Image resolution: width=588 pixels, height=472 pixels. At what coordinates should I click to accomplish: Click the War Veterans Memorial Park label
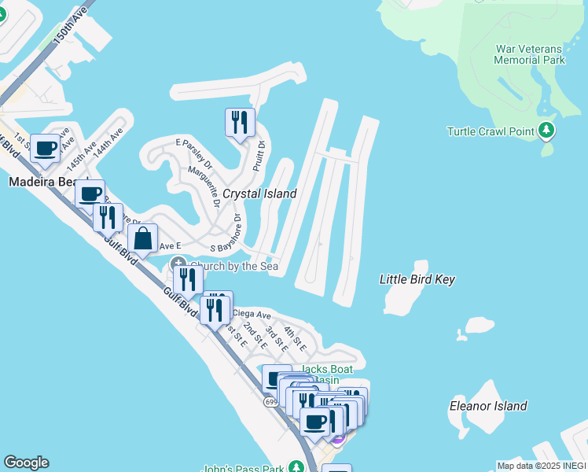point(531,53)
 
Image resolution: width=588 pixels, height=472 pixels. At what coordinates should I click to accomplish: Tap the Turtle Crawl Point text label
point(491,131)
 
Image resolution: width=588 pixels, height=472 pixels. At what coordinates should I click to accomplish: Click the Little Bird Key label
point(417,279)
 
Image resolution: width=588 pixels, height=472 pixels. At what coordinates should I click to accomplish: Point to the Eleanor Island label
point(487,406)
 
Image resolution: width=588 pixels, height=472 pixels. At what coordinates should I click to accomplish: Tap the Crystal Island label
point(259,194)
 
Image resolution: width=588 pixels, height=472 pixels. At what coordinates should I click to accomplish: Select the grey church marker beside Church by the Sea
point(179,264)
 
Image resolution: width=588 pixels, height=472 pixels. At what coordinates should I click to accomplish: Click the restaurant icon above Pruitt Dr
point(240,122)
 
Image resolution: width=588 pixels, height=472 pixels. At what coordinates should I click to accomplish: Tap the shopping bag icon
point(142,238)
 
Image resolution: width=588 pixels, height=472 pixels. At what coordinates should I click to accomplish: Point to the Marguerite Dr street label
point(203,186)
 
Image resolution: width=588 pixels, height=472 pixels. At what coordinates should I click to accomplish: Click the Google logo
point(26,463)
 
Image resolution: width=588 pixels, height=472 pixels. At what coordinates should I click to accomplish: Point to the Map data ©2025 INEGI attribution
point(541,466)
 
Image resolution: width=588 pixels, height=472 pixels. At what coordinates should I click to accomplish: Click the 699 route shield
point(271,401)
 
